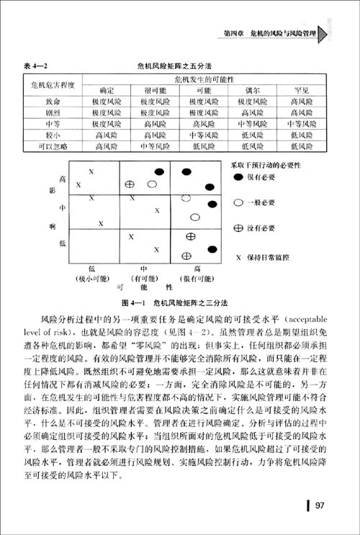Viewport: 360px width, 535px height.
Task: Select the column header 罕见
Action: [302, 91]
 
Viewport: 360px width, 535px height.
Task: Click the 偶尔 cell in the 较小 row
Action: [251, 135]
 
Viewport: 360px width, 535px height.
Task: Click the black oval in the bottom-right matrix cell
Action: [213, 250]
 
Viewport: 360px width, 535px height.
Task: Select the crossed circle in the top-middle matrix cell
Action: [130, 184]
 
